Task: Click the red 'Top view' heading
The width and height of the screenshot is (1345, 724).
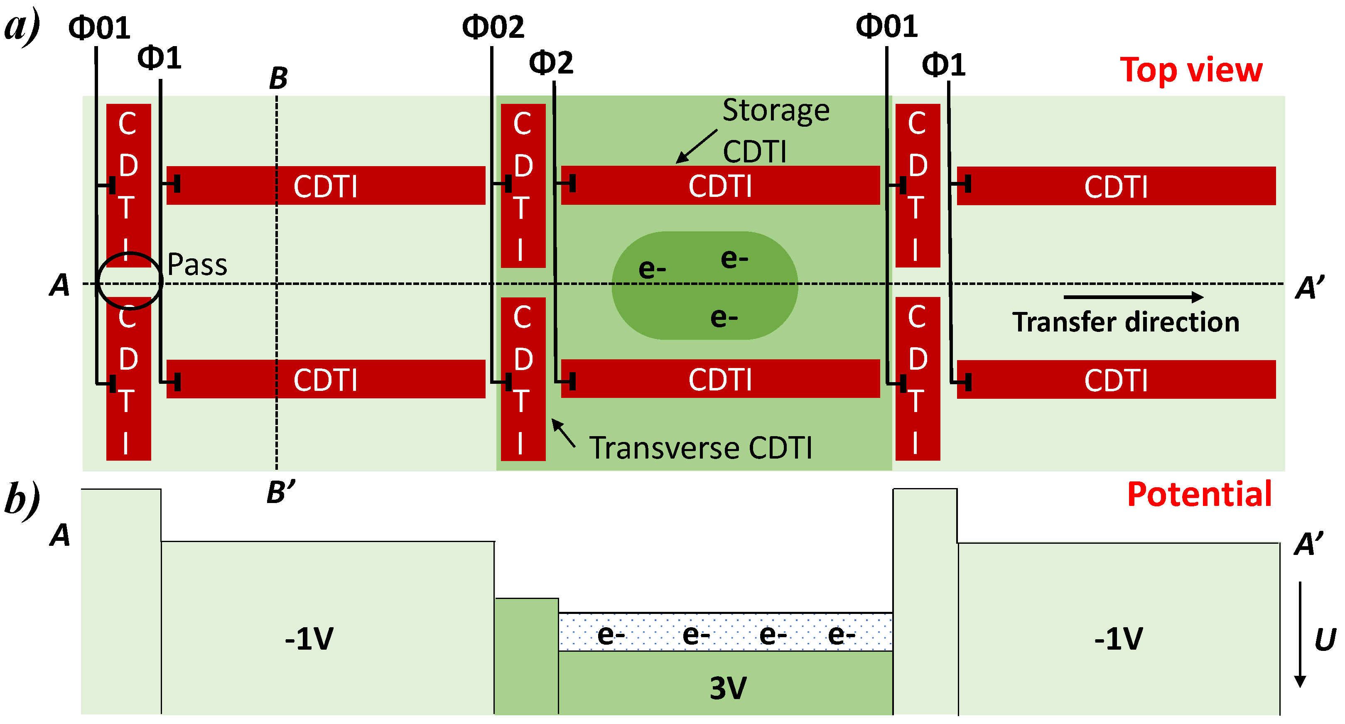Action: (1190, 71)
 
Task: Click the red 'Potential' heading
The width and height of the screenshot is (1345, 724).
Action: (1199, 494)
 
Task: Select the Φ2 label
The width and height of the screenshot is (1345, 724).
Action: (551, 63)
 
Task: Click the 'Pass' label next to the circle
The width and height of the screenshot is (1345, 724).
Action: (197, 265)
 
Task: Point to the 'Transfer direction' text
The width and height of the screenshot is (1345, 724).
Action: (1125, 322)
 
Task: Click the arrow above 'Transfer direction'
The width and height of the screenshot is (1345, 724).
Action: (1133, 297)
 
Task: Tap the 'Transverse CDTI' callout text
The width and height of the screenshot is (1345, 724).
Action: (701, 448)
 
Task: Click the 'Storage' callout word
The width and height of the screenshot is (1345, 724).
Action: (776, 110)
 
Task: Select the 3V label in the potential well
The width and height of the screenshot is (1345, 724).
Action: (728, 688)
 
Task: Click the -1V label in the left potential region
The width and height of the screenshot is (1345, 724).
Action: (309, 639)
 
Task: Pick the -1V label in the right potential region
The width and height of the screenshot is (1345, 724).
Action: (1118, 639)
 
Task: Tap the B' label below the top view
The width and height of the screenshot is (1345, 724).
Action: (281, 492)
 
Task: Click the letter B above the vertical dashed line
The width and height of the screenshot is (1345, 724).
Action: (278, 79)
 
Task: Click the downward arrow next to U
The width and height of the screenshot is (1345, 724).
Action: (1300, 634)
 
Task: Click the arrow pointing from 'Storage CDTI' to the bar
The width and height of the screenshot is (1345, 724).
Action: (697, 147)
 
